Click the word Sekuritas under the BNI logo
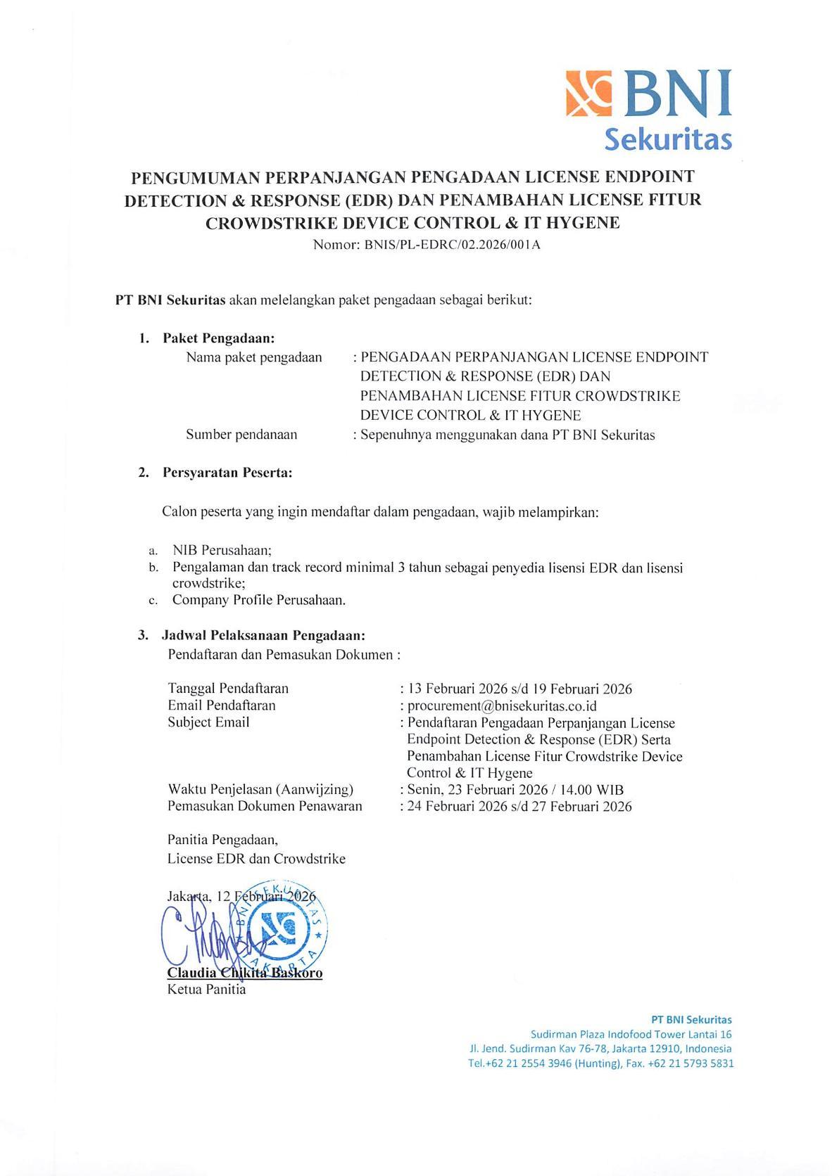click(x=668, y=139)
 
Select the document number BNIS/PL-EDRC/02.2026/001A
click(x=450, y=245)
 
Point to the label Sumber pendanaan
click(x=241, y=435)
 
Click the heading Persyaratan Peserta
click(x=227, y=473)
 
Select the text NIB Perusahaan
click(x=222, y=550)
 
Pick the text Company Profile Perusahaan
click(x=258, y=600)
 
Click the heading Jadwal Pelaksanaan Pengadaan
click(x=263, y=636)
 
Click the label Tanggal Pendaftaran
click(x=228, y=688)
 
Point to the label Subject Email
click(x=208, y=722)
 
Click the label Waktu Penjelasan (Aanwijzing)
click(x=260, y=789)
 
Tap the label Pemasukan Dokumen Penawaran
click(x=265, y=806)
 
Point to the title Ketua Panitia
click(x=206, y=990)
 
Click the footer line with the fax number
click(x=600, y=1063)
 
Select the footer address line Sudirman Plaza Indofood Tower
click(x=631, y=1034)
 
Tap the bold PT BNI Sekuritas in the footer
click(x=691, y=1019)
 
